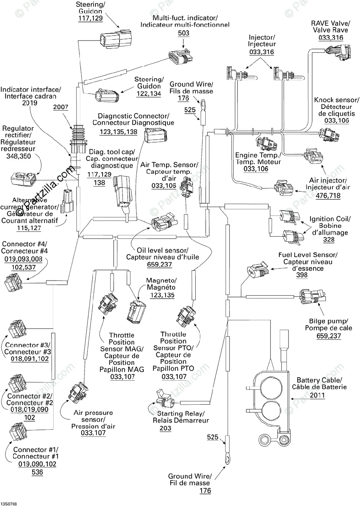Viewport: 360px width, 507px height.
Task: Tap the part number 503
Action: point(183,33)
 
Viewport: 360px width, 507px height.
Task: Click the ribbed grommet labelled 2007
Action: point(78,138)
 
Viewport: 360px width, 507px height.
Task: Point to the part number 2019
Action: point(30,103)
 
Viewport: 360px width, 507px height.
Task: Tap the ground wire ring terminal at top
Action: point(202,105)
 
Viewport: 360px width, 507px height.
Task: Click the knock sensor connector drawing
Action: point(329,134)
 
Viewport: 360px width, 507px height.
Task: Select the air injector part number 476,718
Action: point(328,195)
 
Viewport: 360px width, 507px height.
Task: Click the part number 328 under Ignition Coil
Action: point(329,239)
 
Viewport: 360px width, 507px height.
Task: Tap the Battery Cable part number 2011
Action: point(317,395)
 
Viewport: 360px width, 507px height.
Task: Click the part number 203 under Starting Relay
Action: point(165,428)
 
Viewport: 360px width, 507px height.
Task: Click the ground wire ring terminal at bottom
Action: point(226,458)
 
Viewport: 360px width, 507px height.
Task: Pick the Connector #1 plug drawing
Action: point(17,431)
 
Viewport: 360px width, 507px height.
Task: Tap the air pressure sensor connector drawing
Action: point(78,394)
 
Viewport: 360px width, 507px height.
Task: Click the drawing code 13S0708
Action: point(8,504)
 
